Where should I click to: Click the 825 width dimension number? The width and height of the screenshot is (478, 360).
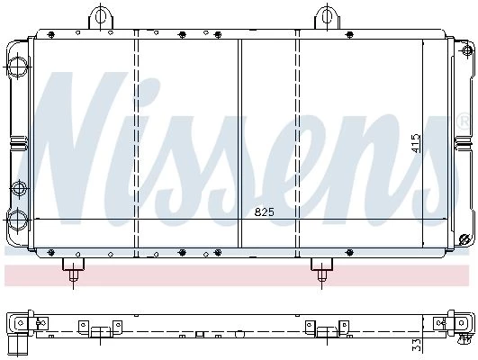[265, 211]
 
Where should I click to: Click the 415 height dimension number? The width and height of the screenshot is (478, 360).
[415, 143]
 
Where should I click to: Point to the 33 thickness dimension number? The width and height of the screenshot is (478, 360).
[417, 345]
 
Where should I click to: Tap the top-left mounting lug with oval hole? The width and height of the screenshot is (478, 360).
[101, 17]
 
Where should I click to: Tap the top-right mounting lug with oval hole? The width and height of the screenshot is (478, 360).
[327, 17]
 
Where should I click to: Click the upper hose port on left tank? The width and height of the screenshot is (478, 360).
[17, 66]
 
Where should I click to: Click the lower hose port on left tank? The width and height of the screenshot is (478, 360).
[17, 220]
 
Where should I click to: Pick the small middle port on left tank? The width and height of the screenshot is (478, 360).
[19, 189]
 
